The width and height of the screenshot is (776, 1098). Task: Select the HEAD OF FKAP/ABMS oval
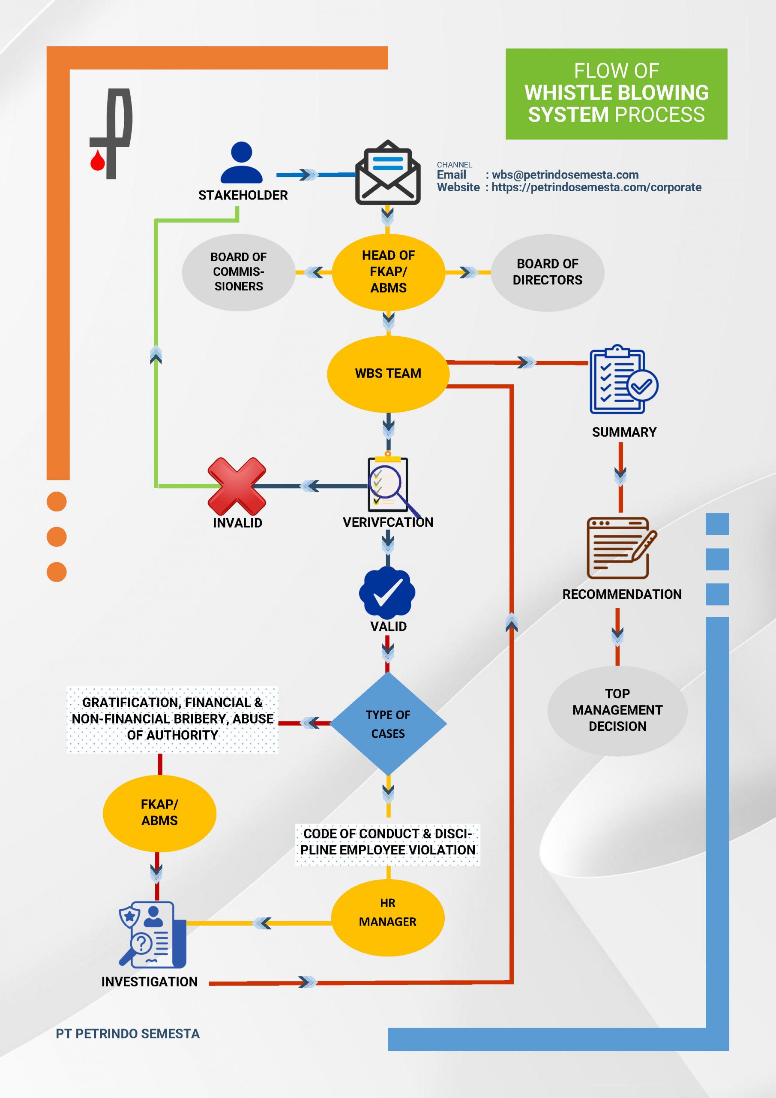tap(389, 271)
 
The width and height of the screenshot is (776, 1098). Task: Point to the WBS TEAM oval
tap(388, 374)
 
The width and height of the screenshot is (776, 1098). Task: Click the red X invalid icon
tap(237, 486)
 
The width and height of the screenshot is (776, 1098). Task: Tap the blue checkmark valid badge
tap(387, 592)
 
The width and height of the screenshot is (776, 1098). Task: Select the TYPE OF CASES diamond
tap(389, 724)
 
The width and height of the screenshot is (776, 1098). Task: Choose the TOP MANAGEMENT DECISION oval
tap(617, 711)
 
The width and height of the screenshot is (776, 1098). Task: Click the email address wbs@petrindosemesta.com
tap(565, 175)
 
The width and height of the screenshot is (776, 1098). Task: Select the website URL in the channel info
tap(596, 187)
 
